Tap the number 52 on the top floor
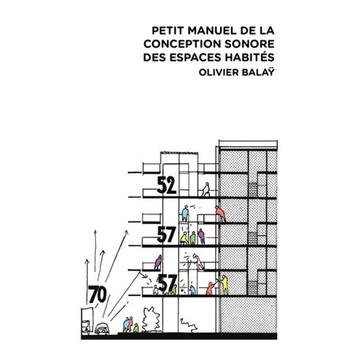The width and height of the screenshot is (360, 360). click(166, 187)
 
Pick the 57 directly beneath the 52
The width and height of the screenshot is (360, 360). click(166, 234)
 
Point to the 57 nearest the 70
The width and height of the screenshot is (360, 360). click(166, 283)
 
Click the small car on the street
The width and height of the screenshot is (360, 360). click(103, 325)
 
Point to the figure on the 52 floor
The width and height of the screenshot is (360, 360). click(207, 190)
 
